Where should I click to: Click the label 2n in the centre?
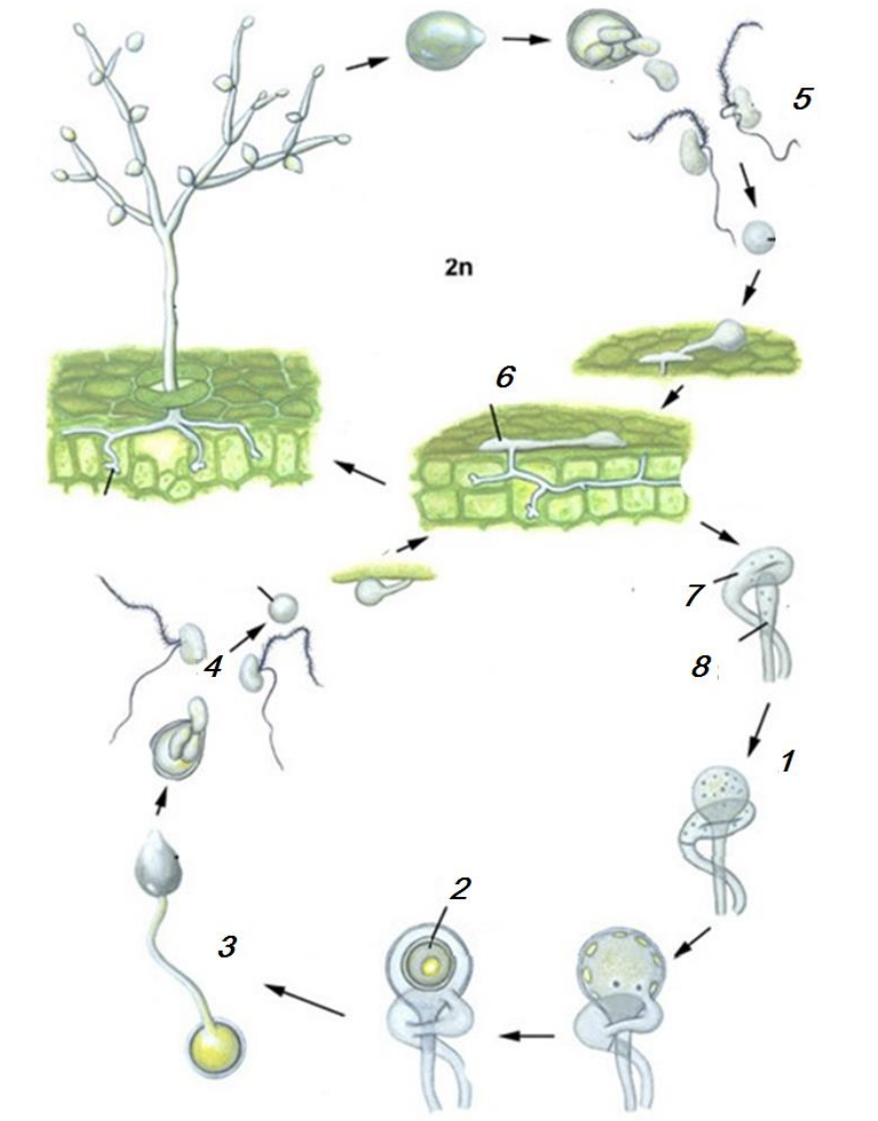pyautogui.click(x=458, y=268)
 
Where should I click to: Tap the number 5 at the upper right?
pyautogui.click(x=802, y=99)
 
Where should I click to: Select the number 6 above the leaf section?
pyautogui.click(x=505, y=376)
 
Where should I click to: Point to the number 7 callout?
pyautogui.click(x=692, y=594)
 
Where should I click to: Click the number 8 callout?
pyautogui.click(x=700, y=666)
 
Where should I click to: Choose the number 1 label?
pyautogui.click(x=787, y=763)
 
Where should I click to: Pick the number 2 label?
pyautogui.click(x=460, y=889)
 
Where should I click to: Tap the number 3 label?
pyautogui.click(x=227, y=947)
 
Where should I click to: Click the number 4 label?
pyautogui.click(x=212, y=667)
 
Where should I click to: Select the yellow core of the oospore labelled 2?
pyautogui.click(x=430, y=965)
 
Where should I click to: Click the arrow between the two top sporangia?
pyautogui.click(x=526, y=39)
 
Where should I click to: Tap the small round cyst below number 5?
pyautogui.click(x=758, y=237)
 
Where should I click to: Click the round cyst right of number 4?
pyautogui.click(x=282, y=607)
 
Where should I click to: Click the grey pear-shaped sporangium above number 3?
pyautogui.click(x=158, y=864)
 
